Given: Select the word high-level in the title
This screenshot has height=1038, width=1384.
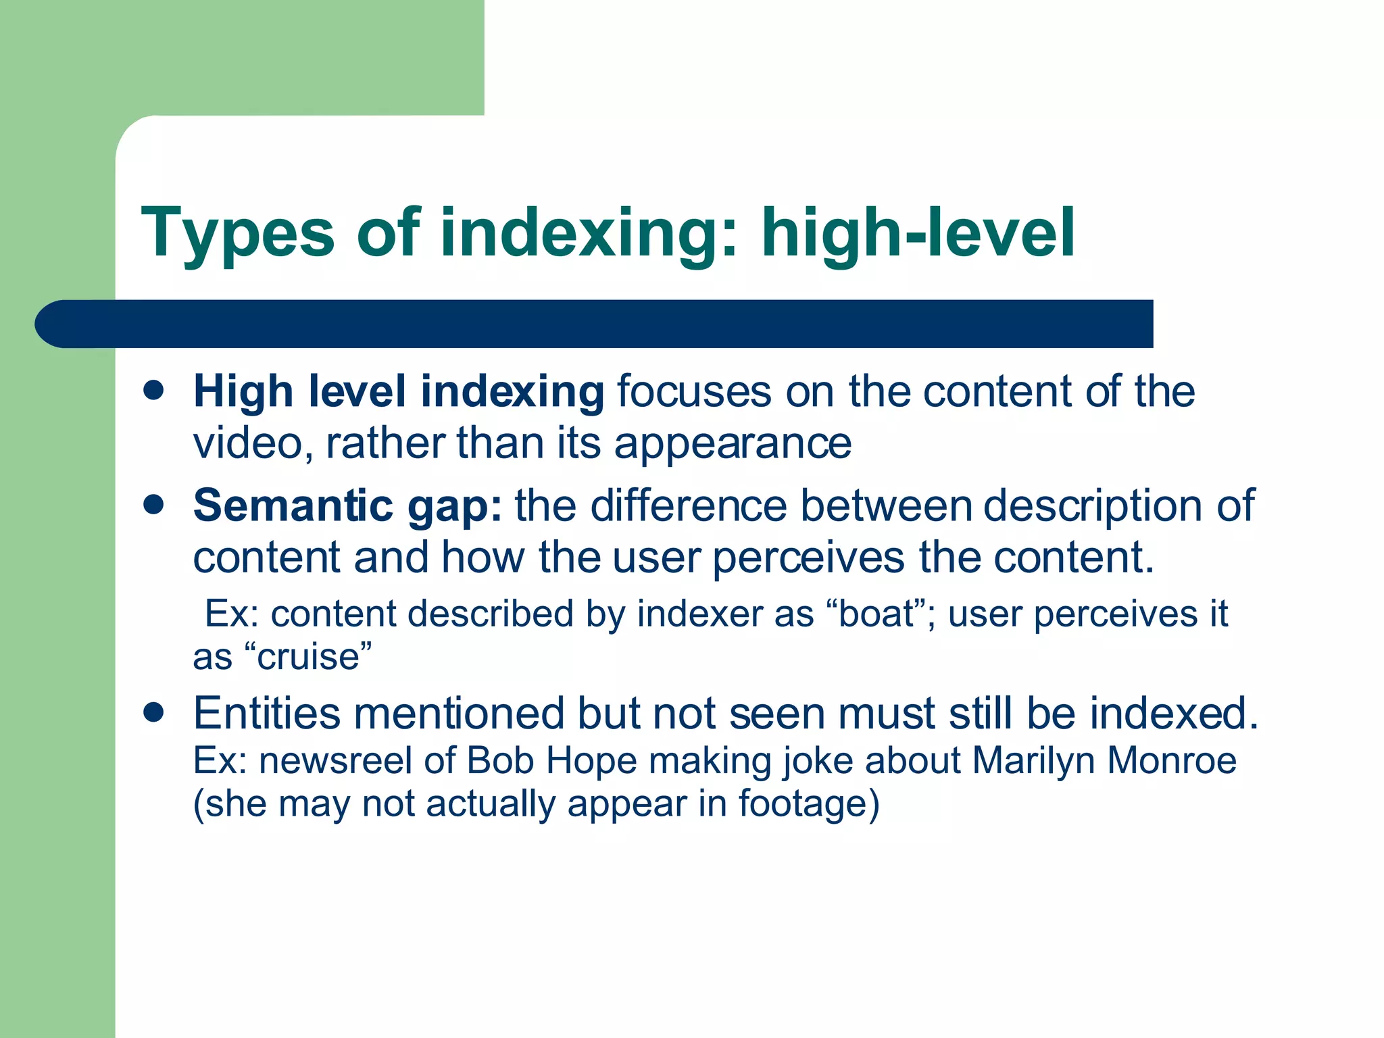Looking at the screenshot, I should [x=918, y=233].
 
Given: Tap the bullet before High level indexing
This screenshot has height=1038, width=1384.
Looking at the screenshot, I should [x=154, y=391].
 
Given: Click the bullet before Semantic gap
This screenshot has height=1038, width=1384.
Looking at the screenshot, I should [x=154, y=505].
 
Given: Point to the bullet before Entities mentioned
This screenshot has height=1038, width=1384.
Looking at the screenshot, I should [x=154, y=712].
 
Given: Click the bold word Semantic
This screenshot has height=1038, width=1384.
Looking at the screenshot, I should [x=293, y=505].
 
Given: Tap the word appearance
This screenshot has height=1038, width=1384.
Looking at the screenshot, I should [x=733, y=443].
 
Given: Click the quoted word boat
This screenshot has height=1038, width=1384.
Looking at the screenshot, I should [x=876, y=614].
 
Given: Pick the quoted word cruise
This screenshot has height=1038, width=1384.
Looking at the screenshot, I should [x=308, y=657].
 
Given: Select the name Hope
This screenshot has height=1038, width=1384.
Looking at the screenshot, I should [x=591, y=760].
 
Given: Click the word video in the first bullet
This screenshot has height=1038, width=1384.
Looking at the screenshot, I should [x=248, y=443].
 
